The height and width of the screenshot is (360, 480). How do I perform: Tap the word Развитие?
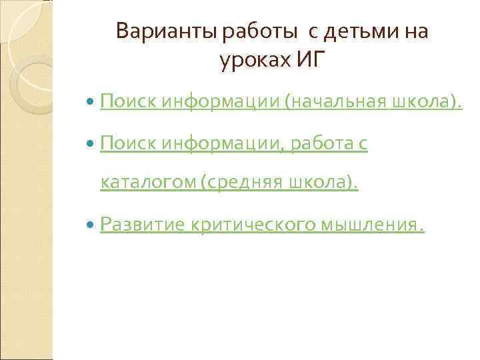click(x=141, y=225)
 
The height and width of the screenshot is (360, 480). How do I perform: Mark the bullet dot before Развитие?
click(x=91, y=226)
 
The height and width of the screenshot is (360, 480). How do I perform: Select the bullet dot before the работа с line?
click(x=91, y=143)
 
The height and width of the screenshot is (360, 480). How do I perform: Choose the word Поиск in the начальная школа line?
click(x=129, y=102)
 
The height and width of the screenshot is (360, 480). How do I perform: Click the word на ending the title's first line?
click(x=416, y=31)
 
